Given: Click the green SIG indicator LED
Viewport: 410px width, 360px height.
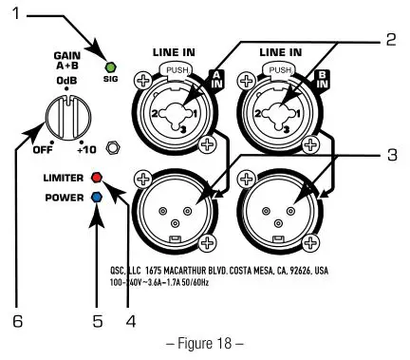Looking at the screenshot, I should (x=109, y=67).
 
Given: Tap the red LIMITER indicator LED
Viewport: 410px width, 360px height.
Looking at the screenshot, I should (x=96, y=178).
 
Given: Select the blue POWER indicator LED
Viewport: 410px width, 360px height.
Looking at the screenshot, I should (x=96, y=198).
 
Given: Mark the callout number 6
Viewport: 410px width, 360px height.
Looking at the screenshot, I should (x=17, y=320).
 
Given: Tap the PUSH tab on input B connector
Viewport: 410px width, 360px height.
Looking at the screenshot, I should (x=278, y=70).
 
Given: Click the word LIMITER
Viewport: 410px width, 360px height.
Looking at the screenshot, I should (x=63, y=178).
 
